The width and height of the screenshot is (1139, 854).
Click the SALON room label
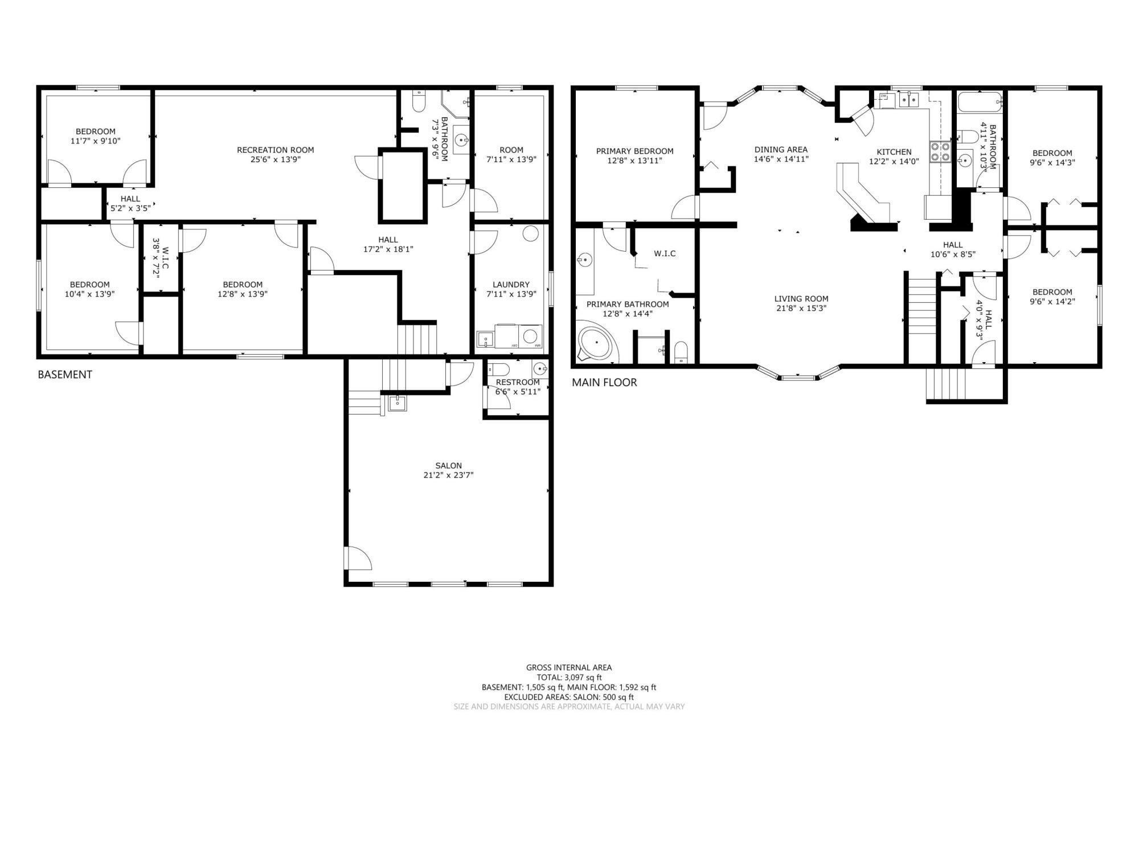pyautogui.click(x=448, y=465)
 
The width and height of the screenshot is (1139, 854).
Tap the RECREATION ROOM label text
pyautogui.click(x=275, y=150)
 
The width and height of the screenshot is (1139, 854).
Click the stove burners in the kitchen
pyautogui.click(x=940, y=151)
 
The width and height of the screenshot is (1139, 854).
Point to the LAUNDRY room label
pyautogui.click(x=511, y=284)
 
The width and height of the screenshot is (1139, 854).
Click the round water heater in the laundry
pyautogui.click(x=530, y=233)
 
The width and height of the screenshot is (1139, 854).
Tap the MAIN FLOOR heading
pyautogui.click(x=604, y=383)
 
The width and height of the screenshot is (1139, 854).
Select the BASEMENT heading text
pyautogui.click(x=64, y=375)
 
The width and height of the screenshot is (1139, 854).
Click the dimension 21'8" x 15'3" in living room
pyautogui.click(x=801, y=309)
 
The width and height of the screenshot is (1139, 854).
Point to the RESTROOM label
pyautogui.click(x=517, y=382)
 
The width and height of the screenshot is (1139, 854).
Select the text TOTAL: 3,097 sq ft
pyautogui.click(x=569, y=678)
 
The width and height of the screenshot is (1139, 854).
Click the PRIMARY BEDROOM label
pyautogui.click(x=634, y=151)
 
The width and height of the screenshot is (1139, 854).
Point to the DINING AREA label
pyautogui.click(x=781, y=149)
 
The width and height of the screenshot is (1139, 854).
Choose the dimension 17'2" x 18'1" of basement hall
pyautogui.click(x=388, y=249)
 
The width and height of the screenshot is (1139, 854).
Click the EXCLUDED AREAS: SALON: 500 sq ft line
pyautogui.click(x=569, y=697)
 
